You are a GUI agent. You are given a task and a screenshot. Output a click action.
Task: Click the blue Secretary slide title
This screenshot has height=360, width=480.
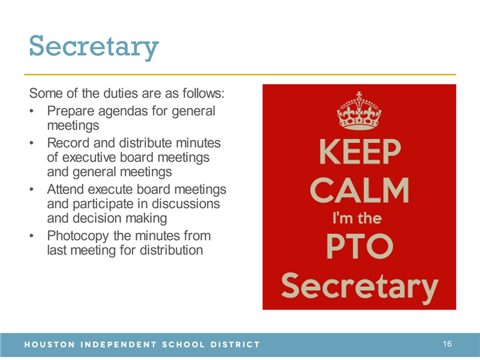[94, 47]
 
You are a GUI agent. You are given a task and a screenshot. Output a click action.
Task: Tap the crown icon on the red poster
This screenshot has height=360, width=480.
[359, 110]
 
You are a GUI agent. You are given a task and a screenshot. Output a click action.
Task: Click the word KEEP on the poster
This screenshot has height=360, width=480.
[360, 152]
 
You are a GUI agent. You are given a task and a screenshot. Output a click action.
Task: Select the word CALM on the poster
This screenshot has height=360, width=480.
[359, 190]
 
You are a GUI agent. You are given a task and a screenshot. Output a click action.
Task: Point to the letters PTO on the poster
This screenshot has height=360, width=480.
[359, 246]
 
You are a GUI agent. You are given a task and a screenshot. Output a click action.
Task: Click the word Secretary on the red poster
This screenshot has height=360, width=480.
[359, 287]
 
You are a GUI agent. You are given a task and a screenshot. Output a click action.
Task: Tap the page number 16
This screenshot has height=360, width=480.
[447, 344]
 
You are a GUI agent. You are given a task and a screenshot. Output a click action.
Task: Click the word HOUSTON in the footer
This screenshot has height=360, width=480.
[50, 344]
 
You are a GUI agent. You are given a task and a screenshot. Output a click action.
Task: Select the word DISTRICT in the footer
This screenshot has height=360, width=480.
[235, 344]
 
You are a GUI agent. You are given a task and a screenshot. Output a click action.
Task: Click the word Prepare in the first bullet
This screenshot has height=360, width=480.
[71, 112]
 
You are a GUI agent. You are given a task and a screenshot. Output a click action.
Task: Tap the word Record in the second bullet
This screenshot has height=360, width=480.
[68, 143]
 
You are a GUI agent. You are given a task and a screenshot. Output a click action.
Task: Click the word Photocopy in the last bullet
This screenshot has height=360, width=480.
[78, 236]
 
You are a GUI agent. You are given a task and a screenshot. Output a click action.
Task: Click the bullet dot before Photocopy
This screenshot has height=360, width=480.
[31, 236]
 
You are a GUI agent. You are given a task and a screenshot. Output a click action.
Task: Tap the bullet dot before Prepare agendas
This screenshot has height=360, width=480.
[31, 111]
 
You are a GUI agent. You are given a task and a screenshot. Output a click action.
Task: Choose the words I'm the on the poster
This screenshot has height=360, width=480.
[357, 218]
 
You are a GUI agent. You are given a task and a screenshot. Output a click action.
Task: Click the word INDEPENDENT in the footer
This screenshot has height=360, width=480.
[118, 344]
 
